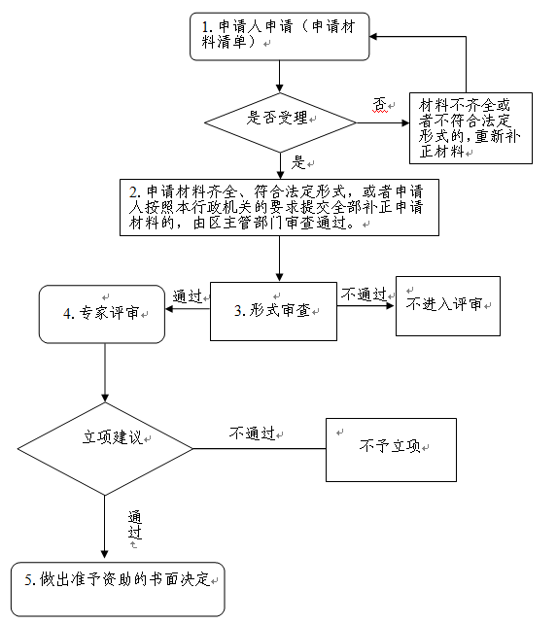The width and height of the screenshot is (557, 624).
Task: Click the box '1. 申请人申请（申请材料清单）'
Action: (x=279, y=36)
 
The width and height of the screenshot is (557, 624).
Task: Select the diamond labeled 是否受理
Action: (x=279, y=119)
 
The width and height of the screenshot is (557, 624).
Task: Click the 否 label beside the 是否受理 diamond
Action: (x=379, y=103)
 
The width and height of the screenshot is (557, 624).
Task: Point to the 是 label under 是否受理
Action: (x=298, y=161)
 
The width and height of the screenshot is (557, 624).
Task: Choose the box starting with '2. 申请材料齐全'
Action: (x=279, y=207)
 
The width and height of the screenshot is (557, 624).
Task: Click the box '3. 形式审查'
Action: (x=273, y=311)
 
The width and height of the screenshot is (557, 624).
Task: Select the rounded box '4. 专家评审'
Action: (x=102, y=314)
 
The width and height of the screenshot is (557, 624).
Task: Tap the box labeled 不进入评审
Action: (x=447, y=305)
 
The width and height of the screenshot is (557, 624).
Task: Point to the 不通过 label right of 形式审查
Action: (x=364, y=294)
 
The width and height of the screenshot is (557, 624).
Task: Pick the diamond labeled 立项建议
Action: (x=105, y=449)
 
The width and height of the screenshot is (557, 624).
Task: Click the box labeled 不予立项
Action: (x=390, y=449)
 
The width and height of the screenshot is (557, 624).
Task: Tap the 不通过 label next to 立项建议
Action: (x=253, y=433)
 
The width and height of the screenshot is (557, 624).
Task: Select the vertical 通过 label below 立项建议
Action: (x=134, y=526)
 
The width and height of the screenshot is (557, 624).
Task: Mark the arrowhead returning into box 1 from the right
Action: (x=373, y=36)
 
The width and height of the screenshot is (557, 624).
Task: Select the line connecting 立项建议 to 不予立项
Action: (x=258, y=449)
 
